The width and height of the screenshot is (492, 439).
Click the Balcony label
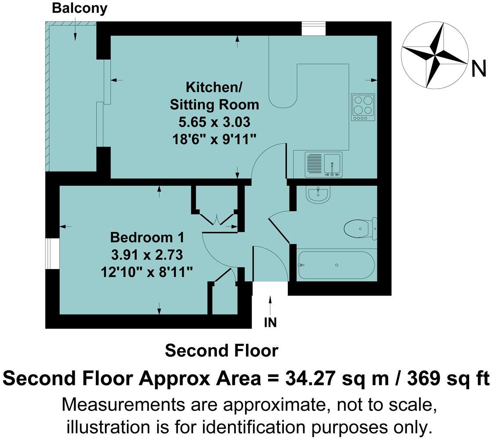(80, 8)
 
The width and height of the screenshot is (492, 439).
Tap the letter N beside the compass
(478, 69)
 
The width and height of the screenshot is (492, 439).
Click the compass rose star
(435, 57)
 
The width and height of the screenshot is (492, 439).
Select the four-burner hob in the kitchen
(363, 107)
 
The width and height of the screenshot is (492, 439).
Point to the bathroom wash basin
(317, 196)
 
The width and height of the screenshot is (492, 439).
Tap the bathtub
(336, 265)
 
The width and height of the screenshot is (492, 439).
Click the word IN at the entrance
(270, 323)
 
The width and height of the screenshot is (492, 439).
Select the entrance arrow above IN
(270, 305)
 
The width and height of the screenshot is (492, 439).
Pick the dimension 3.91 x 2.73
(146, 255)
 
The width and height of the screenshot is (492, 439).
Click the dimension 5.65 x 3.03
(214, 122)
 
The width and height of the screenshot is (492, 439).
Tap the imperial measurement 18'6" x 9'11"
(214, 138)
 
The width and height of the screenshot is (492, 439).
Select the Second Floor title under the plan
(221, 351)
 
